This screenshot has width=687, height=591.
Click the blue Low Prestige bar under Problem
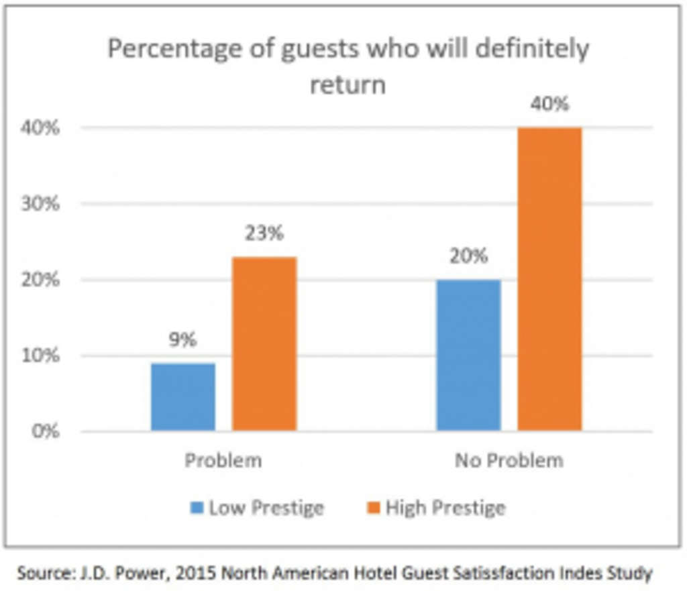(182, 396)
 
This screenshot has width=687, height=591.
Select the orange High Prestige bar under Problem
(264, 343)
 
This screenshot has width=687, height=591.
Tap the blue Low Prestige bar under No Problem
(468, 355)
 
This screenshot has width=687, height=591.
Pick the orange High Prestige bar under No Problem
(549, 278)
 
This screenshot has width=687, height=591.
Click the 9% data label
(182, 340)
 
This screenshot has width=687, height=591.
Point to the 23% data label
(264, 233)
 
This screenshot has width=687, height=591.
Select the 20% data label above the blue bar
(468, 256)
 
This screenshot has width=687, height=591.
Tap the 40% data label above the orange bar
(549, 104)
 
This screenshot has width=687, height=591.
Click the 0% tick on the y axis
(46, 431)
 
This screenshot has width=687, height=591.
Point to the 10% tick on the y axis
(43, 355)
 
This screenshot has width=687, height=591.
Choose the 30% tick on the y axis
(43, 203)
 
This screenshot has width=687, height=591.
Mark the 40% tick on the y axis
(43, 127)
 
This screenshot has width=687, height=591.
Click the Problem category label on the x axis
(223, 461)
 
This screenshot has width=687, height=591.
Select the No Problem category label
(509, 461)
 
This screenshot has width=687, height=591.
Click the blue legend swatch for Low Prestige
(197, 508)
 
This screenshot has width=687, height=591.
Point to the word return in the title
(348, 85)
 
